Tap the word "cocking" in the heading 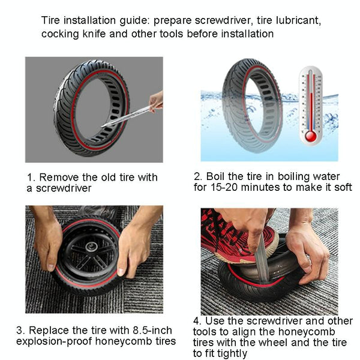[x=62, y=34]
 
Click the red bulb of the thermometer [x=310, y=136]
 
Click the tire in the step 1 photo [x=90, y=108]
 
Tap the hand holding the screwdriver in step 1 [x=156, y=101]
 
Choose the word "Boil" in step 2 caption [x=217, y=176]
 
